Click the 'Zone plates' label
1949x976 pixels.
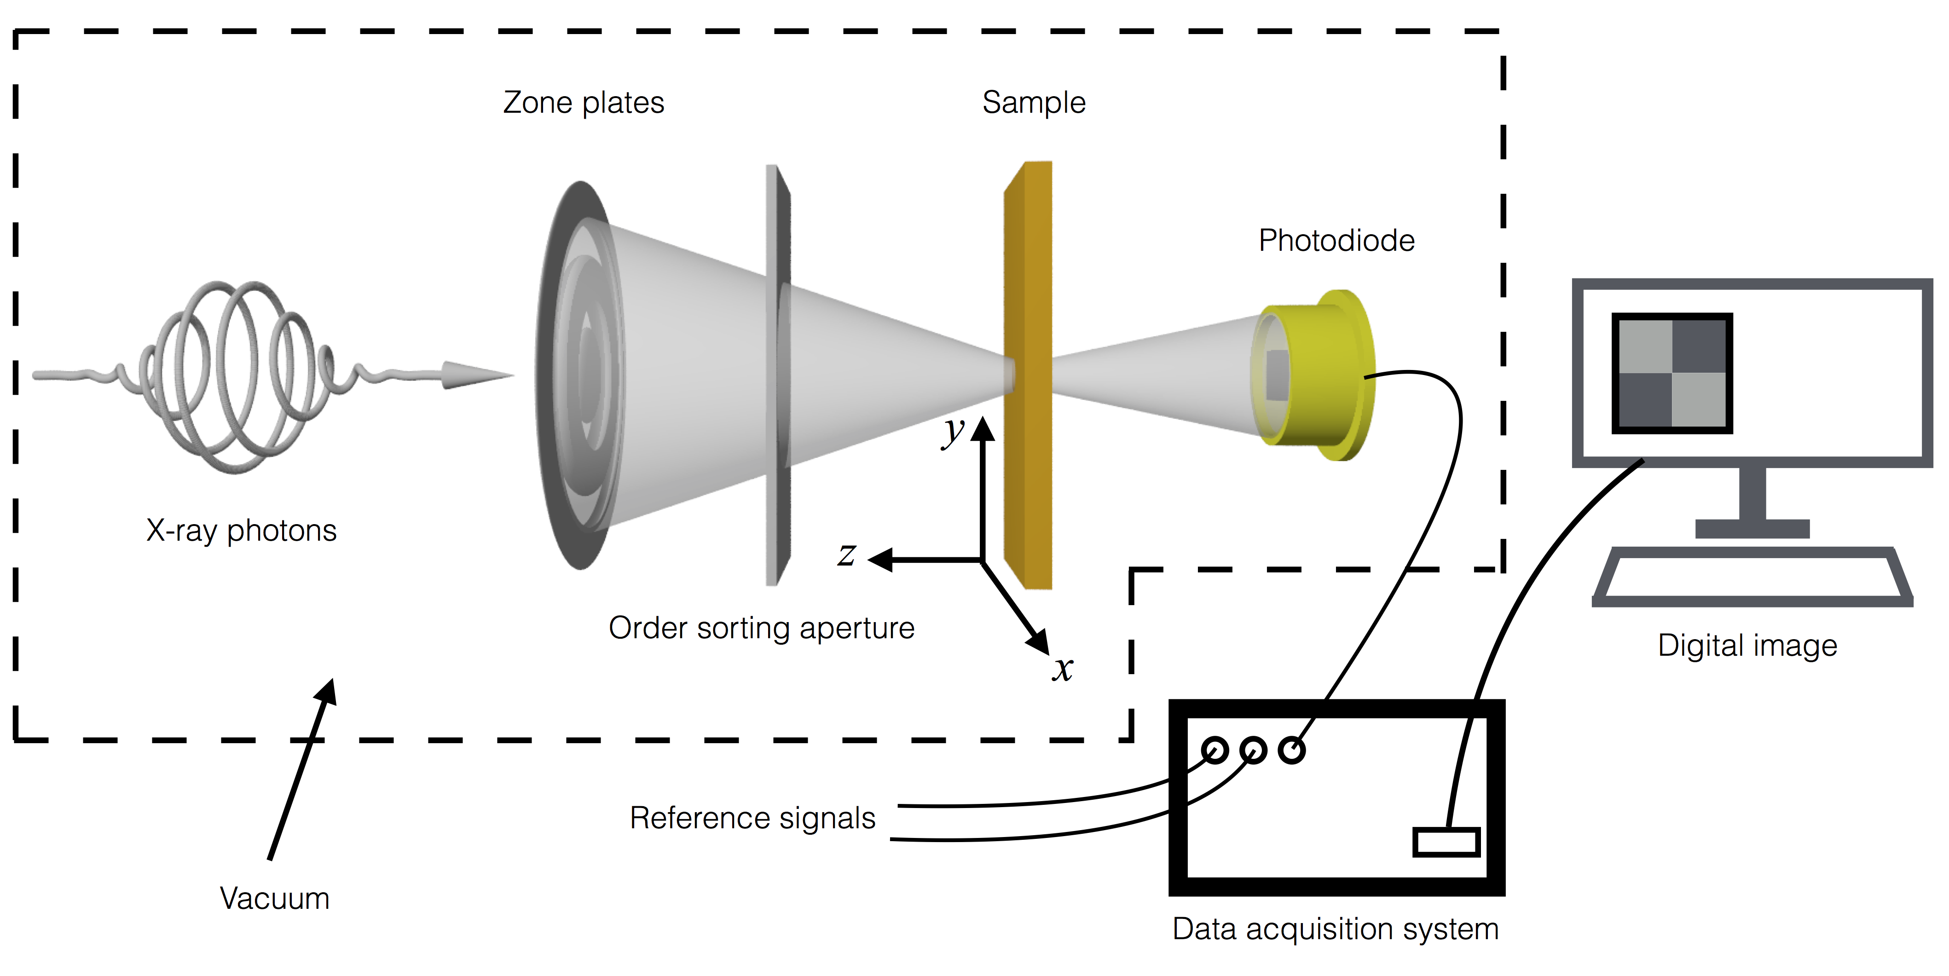point(584,103)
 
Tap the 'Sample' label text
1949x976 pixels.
point(1034,103)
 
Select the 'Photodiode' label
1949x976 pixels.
point(1336,241)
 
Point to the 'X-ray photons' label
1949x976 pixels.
point(241,531)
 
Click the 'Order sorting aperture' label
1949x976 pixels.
point(761,628)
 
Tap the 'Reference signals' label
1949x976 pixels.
point(752,818)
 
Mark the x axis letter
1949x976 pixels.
point(1062,669)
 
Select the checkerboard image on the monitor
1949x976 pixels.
point(1672,373)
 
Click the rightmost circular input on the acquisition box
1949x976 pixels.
point(1291,750)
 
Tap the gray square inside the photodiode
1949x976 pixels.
point(1277,375)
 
